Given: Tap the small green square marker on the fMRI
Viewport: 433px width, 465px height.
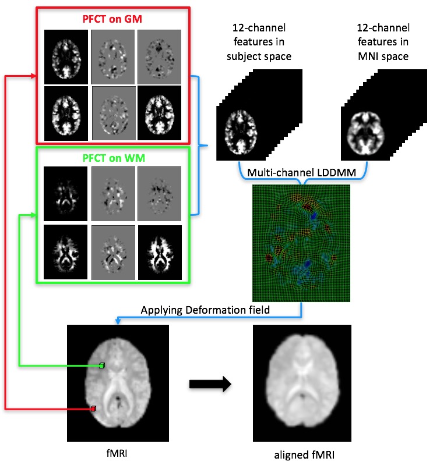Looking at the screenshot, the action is [x=102, y=365].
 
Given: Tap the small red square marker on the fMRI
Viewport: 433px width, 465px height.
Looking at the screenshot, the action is [x=93, y=410].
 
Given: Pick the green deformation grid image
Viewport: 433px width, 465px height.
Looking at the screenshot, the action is [x=301, y=243].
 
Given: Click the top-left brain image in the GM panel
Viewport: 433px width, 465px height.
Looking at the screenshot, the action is [x=66, y=56].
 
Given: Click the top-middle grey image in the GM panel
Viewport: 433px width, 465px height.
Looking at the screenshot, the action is [x=113, y=56].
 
